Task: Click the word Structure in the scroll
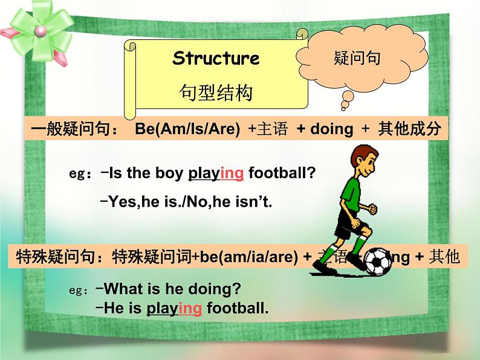click(216, 59)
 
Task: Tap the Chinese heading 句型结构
click(216, 92)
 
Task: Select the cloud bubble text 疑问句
click(356, 59)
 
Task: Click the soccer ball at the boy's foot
click(378, 262)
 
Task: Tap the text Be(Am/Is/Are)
click(187, 129)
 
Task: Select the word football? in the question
click(282, 173)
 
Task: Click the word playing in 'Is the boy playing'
click(216, 173)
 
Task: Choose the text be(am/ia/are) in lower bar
click(248, 257)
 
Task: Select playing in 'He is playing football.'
click(174, 308)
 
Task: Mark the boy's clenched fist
click(372, 210)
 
